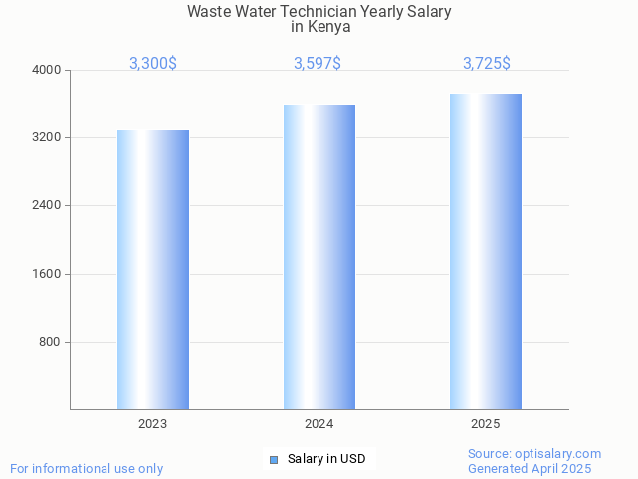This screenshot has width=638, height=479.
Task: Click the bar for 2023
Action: [153, 270]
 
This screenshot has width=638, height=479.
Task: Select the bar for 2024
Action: [319, 257]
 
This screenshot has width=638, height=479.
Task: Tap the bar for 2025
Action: [486, 251]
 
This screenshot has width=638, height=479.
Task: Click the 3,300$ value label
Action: [153, 63]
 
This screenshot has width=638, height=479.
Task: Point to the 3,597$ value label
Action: [318, 63]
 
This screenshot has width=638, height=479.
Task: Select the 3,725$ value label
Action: [487, 63]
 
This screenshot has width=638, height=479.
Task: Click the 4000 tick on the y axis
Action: [48, 70]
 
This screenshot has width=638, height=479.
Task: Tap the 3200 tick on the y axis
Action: [48, 137]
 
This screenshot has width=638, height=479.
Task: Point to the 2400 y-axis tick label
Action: [48, 205]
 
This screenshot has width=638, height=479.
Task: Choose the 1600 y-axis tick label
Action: [48, 274]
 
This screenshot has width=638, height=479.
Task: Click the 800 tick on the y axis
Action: [51, 342]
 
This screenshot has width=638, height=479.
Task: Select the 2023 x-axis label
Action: [153, 424]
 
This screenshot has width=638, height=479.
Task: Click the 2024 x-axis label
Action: [319, 424]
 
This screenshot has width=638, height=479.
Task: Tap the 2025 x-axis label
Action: [486, 424]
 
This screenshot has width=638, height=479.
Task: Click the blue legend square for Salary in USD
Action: [274, 459]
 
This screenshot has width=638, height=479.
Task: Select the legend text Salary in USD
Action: [326, 459]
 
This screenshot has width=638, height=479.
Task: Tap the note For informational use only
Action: [87, 468]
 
